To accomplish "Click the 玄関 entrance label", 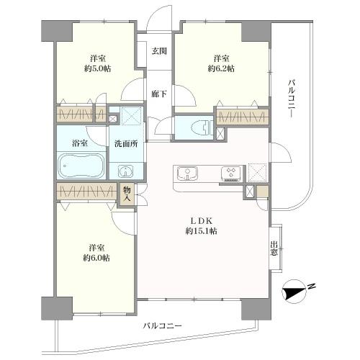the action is [x=159, y=51].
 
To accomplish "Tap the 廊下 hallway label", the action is [x=159, y=94].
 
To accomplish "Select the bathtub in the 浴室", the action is [x=81, y=166].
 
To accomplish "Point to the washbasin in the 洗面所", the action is [x=125, y=171].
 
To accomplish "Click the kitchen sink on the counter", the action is [x=187, y=173].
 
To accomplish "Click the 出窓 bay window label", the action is [x=274, y=248].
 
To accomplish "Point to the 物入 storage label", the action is [x=127, y=194].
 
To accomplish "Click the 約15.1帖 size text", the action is [x=202, y=231].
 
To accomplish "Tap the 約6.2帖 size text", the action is [x=221, y=69].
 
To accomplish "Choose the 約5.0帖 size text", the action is [x=97, y=69].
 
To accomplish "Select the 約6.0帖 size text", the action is [x=96, y=258].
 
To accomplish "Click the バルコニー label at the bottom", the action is [x=163, y=325].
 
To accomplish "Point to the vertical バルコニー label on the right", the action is [x=292, y=99].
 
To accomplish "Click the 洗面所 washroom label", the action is [x=126, y=144].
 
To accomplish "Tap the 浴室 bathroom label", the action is [x=80, y=143].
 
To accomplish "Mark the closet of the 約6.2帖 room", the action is [x=243, y=117].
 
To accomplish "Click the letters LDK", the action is [x=201, y=220].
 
